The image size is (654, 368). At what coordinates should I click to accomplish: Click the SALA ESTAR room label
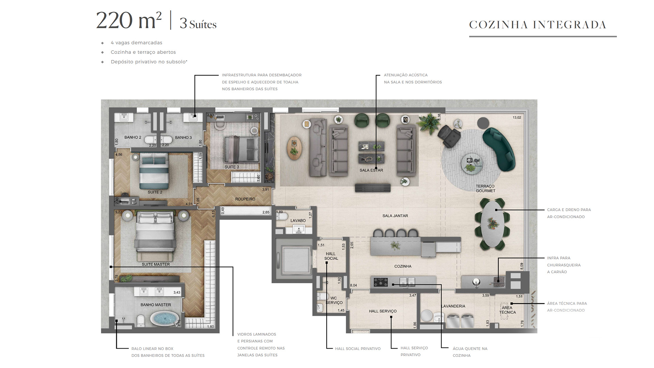371,170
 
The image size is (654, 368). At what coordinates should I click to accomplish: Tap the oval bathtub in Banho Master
165,319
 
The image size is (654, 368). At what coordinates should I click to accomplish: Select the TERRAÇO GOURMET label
485,188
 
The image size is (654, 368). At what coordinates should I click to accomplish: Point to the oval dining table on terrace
493,223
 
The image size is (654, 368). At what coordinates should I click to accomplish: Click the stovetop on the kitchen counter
381,282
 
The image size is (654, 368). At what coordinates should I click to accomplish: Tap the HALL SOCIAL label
331,256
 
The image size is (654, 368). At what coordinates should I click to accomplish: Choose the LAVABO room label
298,220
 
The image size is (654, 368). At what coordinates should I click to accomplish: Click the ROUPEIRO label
245,199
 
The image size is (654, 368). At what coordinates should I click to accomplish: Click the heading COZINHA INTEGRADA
538,25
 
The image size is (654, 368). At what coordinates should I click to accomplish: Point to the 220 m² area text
129,20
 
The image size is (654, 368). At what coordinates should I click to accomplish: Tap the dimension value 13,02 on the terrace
517,118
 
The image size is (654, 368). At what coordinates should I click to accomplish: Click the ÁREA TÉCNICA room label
508,310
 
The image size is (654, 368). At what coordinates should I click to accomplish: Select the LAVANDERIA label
453,306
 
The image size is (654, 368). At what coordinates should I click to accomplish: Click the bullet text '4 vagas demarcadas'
137,43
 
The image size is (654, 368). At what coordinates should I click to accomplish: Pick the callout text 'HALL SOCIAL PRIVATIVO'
358,349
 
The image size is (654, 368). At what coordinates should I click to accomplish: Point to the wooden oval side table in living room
294,149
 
